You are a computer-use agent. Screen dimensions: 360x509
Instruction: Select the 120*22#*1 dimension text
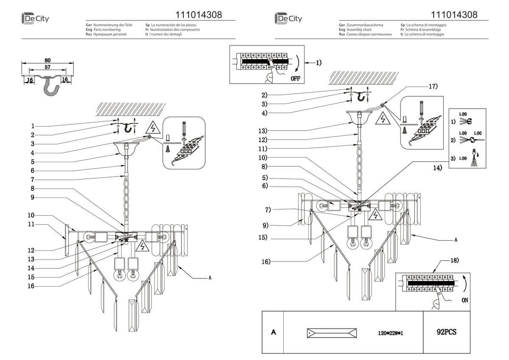coord(390,333)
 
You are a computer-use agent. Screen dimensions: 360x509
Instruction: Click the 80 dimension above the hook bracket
coord(48,60)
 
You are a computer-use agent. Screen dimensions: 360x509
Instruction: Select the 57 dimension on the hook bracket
coord(48,67)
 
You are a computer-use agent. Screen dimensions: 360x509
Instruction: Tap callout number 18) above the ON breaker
coord(453,260)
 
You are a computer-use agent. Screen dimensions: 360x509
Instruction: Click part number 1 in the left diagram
coord(32,126)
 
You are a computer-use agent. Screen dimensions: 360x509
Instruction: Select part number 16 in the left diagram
coord(31,286)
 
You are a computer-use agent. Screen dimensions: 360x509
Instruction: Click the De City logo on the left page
coord(35,19)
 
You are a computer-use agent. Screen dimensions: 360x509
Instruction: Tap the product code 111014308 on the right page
coord(453,15)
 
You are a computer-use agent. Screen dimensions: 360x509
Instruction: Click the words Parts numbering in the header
coord(106,30)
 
